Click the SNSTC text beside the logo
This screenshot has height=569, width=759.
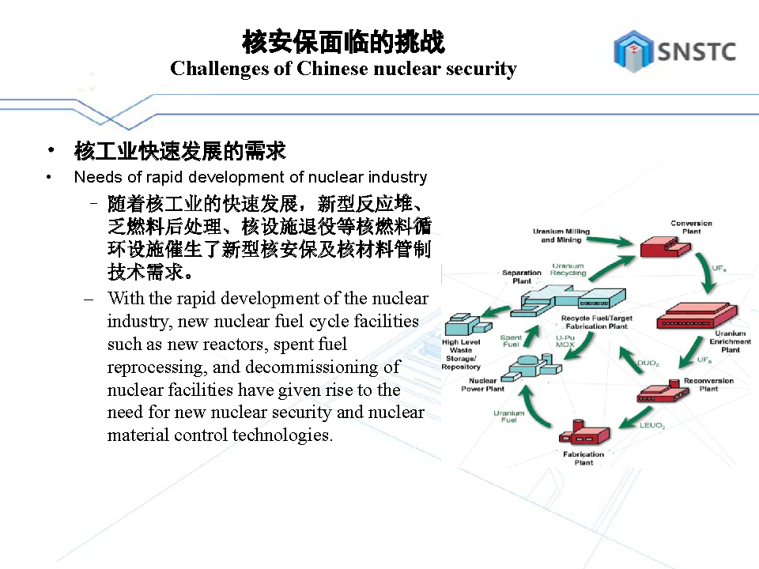pyautogui.click(x=696, y=52)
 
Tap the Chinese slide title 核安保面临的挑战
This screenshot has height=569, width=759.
pyautogui.click(x=343, y=41)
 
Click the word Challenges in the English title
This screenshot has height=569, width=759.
pyautogui.click(x=219, y=69)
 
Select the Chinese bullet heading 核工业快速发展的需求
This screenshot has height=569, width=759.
pyautogui.click(x=180, y=151)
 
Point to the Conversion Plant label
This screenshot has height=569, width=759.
pyautogui.click(x=691, y=227)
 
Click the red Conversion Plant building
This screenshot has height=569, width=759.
pyautogui.click(x=665, y=247)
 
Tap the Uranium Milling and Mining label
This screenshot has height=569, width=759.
pyautogui.click(x=561, y=236)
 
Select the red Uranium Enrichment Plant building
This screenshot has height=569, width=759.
pyautogui.click(x=697, y=316)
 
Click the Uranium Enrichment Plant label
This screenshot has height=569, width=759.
pyautogui.click(x=730, y=341)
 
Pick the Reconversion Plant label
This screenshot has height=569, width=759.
pyautogui.click(x=708, y=385)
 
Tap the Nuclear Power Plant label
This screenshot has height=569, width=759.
pyautogui.click(x=482, y=385)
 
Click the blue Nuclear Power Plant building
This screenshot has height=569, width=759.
pyautogui.click(x=531, y=366)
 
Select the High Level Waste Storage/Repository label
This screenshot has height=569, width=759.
pyautogui.click(x=461, y=354)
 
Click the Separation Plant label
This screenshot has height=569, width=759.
pyautogui.click(x=522, y=277)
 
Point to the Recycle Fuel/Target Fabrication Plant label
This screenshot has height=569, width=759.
pyautogui.click(x=597, y=322)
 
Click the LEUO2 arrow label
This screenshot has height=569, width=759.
pyautogui.click(x=652, y=425)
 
